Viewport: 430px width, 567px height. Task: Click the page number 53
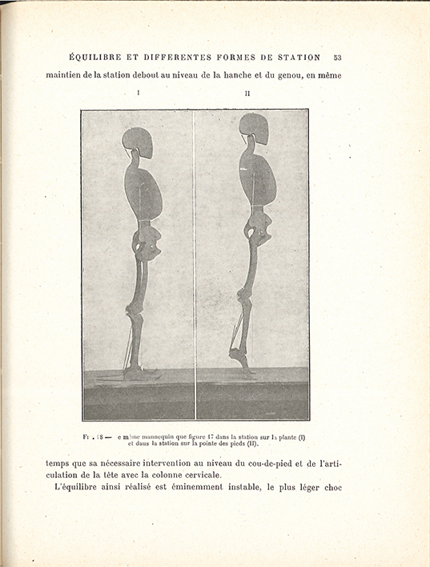pos(338,58)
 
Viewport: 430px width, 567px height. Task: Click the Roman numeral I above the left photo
pos(139,94)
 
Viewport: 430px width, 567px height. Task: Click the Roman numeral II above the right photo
pos(247,94)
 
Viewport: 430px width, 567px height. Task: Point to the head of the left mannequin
pos(138,142)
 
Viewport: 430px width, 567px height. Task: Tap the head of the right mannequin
pos(253,127)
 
